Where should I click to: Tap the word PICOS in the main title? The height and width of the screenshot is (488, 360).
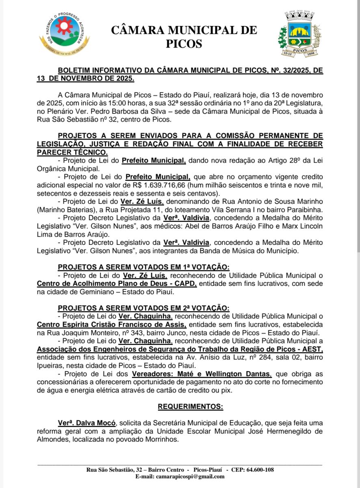[x=184, y=44]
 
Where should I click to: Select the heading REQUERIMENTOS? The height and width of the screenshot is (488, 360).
[x=190, y=407]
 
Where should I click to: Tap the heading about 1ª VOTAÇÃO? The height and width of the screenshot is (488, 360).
[x=143, y=267]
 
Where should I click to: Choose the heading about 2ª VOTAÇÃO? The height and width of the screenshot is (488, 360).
[x=143, y=308]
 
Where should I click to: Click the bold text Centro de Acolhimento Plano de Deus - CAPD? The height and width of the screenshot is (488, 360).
[x=117, y=283]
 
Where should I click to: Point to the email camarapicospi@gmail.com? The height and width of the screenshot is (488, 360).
[x=180, y=477]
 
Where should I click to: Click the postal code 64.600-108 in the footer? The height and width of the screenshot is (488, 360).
[x=258, y=470]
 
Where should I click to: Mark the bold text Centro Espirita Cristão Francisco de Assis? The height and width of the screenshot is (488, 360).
[x=112, y=325]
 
